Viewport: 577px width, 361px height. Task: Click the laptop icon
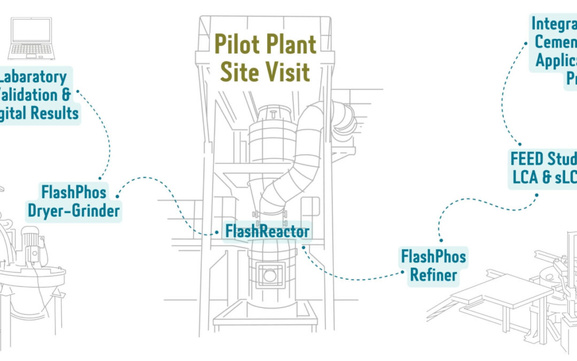point(30,38)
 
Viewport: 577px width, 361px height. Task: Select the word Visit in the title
point(286,71)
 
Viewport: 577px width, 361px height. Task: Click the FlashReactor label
point(267,232)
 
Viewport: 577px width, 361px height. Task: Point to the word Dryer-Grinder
point(74,211)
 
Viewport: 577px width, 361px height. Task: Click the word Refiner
point(433,275)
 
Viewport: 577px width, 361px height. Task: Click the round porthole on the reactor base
point(270,275)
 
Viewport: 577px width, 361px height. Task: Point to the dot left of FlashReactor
point(216,233)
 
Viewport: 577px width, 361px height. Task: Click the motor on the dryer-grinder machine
point(30,235)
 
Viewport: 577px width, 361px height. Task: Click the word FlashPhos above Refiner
point(433,257)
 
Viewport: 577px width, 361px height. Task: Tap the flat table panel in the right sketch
point(502,289)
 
